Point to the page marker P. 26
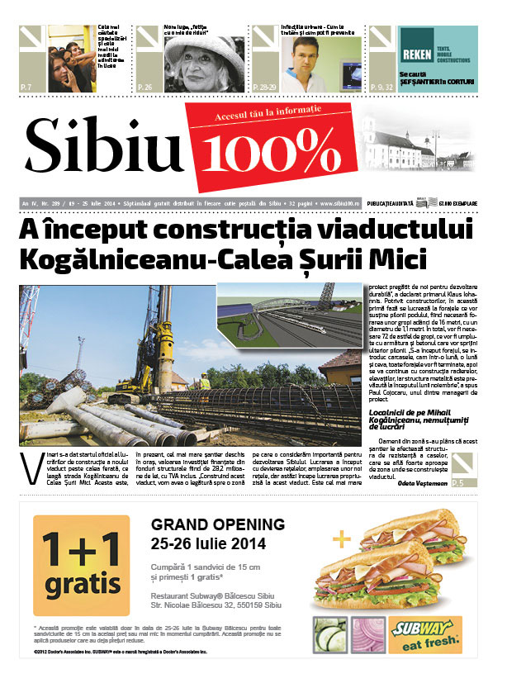[x=145, y=86]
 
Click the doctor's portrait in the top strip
[x=305, y=61]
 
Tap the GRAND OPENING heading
[x=218, y=524]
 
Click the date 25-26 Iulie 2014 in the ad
[x=208, y=543]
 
